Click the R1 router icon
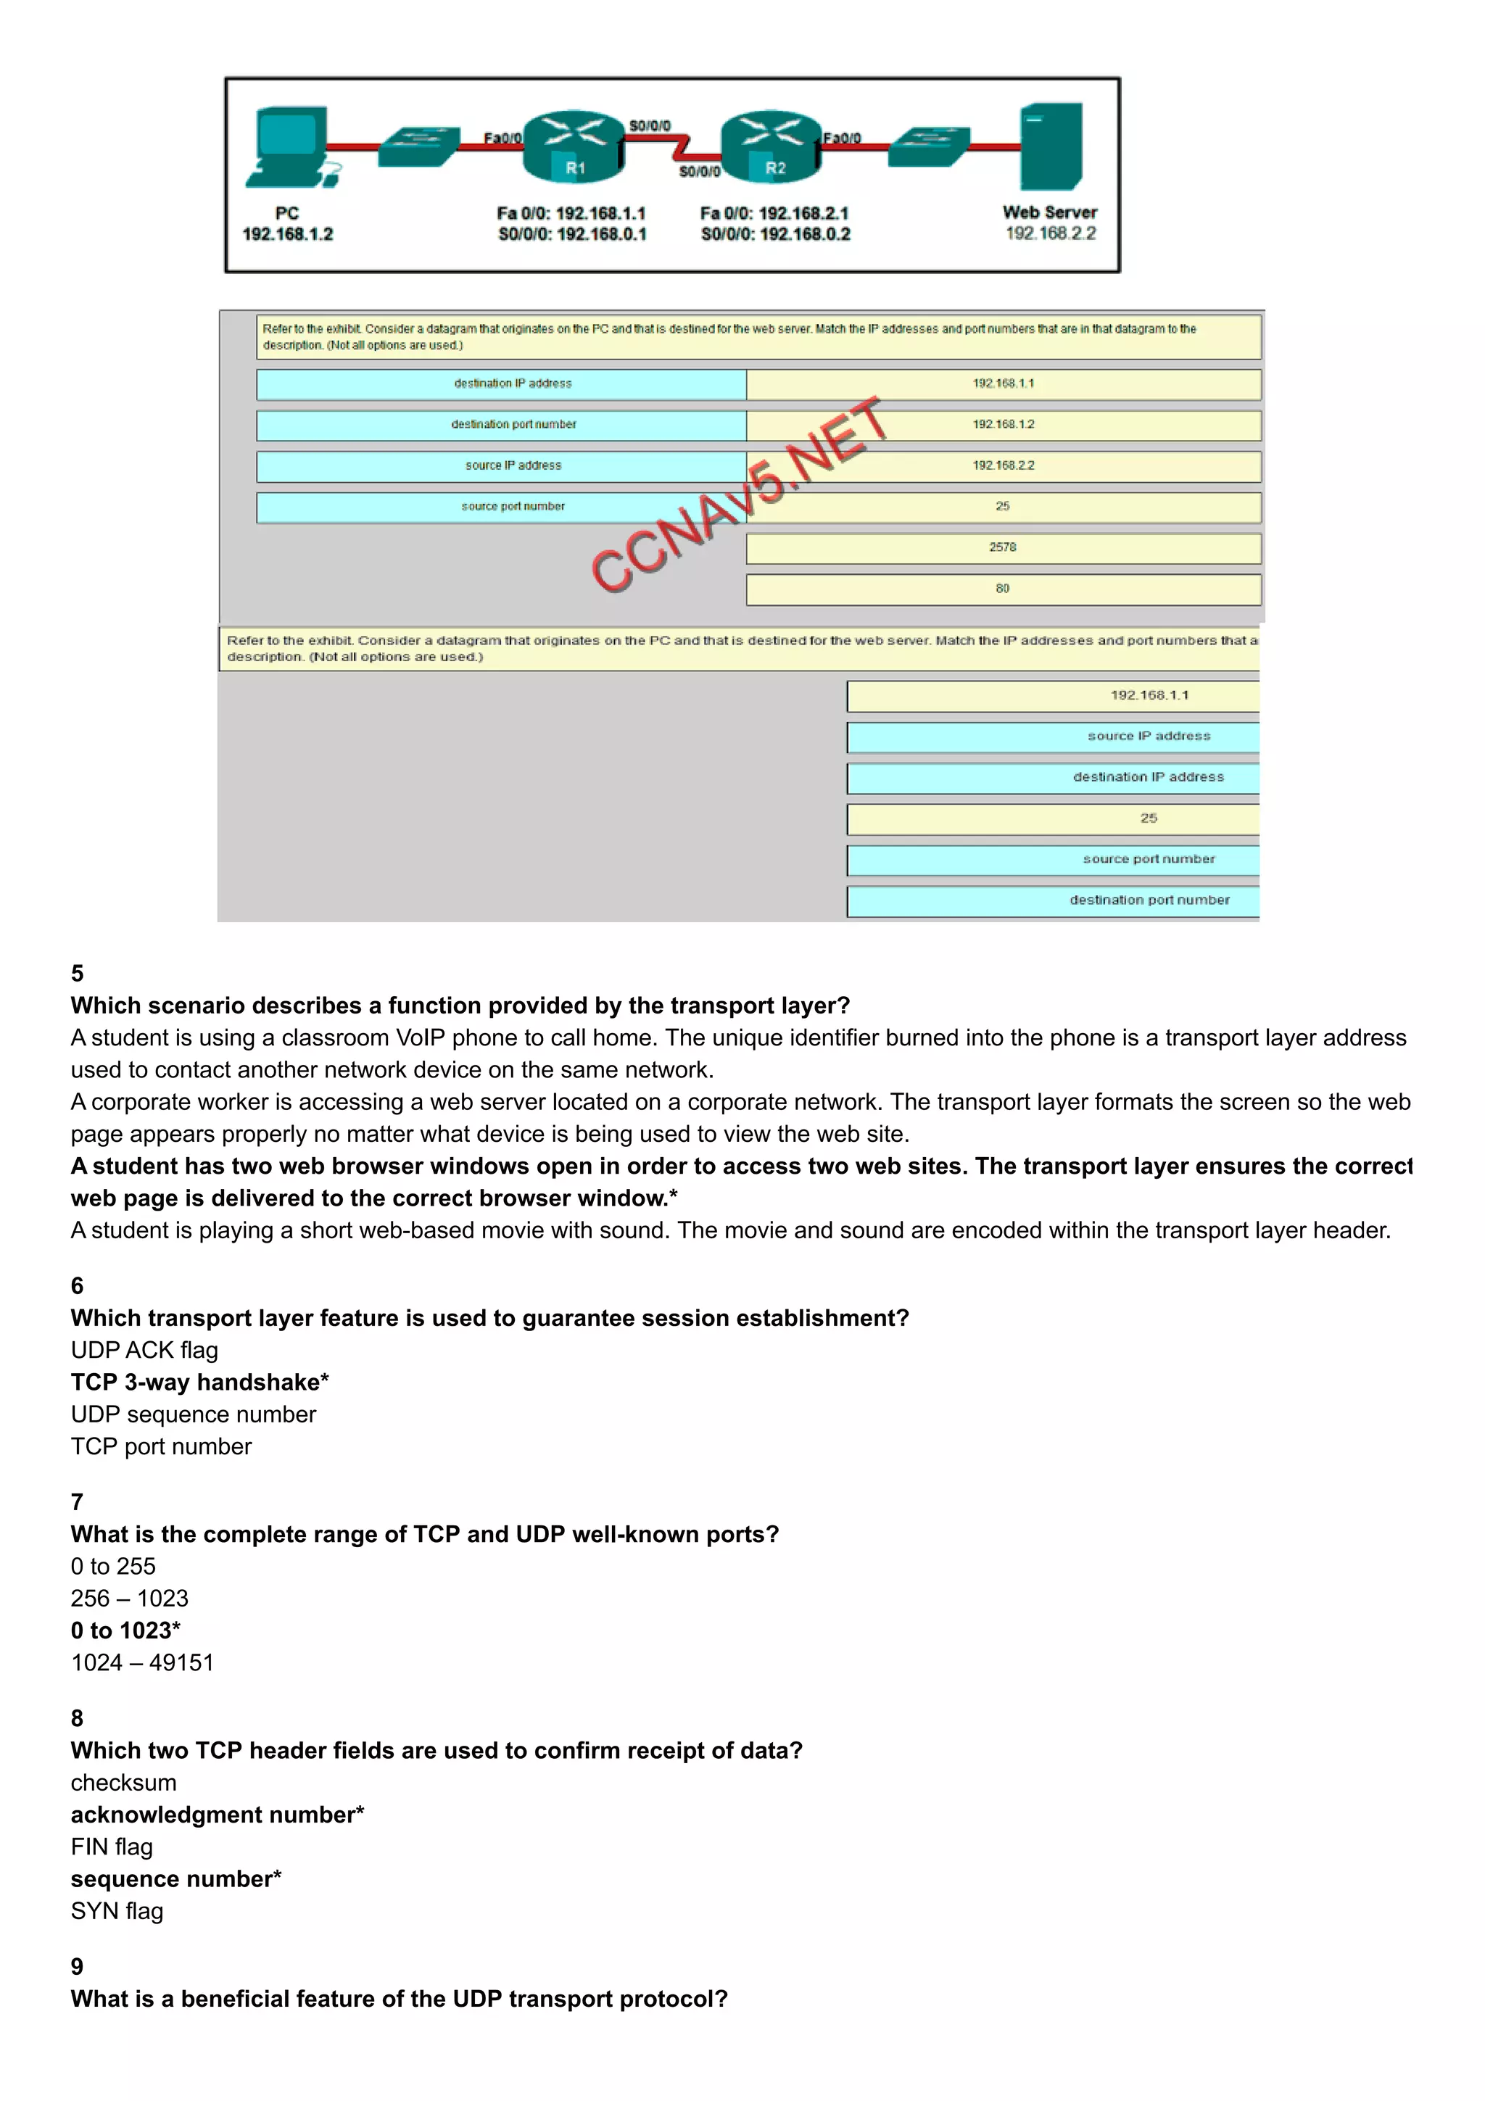[574, 146]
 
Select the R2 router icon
[772, 146]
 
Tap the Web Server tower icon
[1051, 146]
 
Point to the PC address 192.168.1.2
[287, 234]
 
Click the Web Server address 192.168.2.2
[1051, 233]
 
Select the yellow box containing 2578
[1003, 547]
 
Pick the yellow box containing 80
[1003, 589]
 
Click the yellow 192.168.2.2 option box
[1003, 465]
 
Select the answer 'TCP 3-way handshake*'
[199, 1382]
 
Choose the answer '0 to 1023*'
[125, 1630]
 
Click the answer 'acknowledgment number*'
[217, 1815]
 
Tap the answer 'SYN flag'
[117, 1910]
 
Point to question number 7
[77, 1501]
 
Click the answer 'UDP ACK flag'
[144, 1350]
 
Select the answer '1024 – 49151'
[142, 1662]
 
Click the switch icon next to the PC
[418, 146]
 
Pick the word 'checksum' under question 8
[123, 1783]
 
